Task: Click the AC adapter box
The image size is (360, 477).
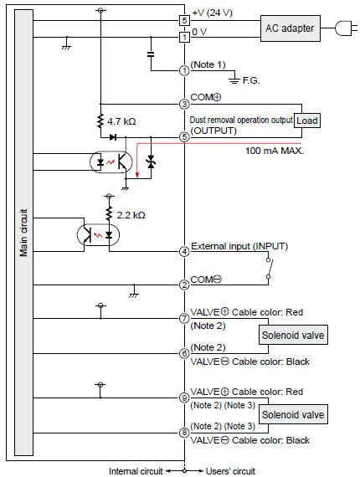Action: tap(291, 28)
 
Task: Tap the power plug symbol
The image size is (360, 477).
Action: tap(346, 28)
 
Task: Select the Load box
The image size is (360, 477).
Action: tap(307, 121)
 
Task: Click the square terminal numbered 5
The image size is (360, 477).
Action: tap(184, 21)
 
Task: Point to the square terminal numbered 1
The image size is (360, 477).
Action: tap(184, 38)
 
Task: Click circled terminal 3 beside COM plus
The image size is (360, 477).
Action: tap(184, 104)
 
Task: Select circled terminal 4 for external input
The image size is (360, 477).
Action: tap(184, 252)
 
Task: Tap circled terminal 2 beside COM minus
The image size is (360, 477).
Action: tap(184, 285)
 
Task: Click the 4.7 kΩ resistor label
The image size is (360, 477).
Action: tap(121, 121)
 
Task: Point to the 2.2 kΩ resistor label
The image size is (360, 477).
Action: tap(131, 215)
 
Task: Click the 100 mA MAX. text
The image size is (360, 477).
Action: tap(275, 151)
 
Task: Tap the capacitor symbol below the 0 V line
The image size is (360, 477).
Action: tap(151, 54)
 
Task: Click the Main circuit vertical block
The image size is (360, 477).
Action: tap(23, 233)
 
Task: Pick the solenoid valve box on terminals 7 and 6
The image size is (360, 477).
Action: tap(293, 335)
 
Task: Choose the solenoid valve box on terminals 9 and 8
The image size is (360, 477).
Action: tap(293, 414)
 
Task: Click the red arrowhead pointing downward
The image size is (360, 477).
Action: tap(137, 175)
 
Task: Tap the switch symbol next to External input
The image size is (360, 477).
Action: tap(269, 268)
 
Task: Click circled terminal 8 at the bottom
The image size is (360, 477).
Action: tap(184, 433)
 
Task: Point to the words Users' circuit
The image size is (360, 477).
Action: tap(230, 471)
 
